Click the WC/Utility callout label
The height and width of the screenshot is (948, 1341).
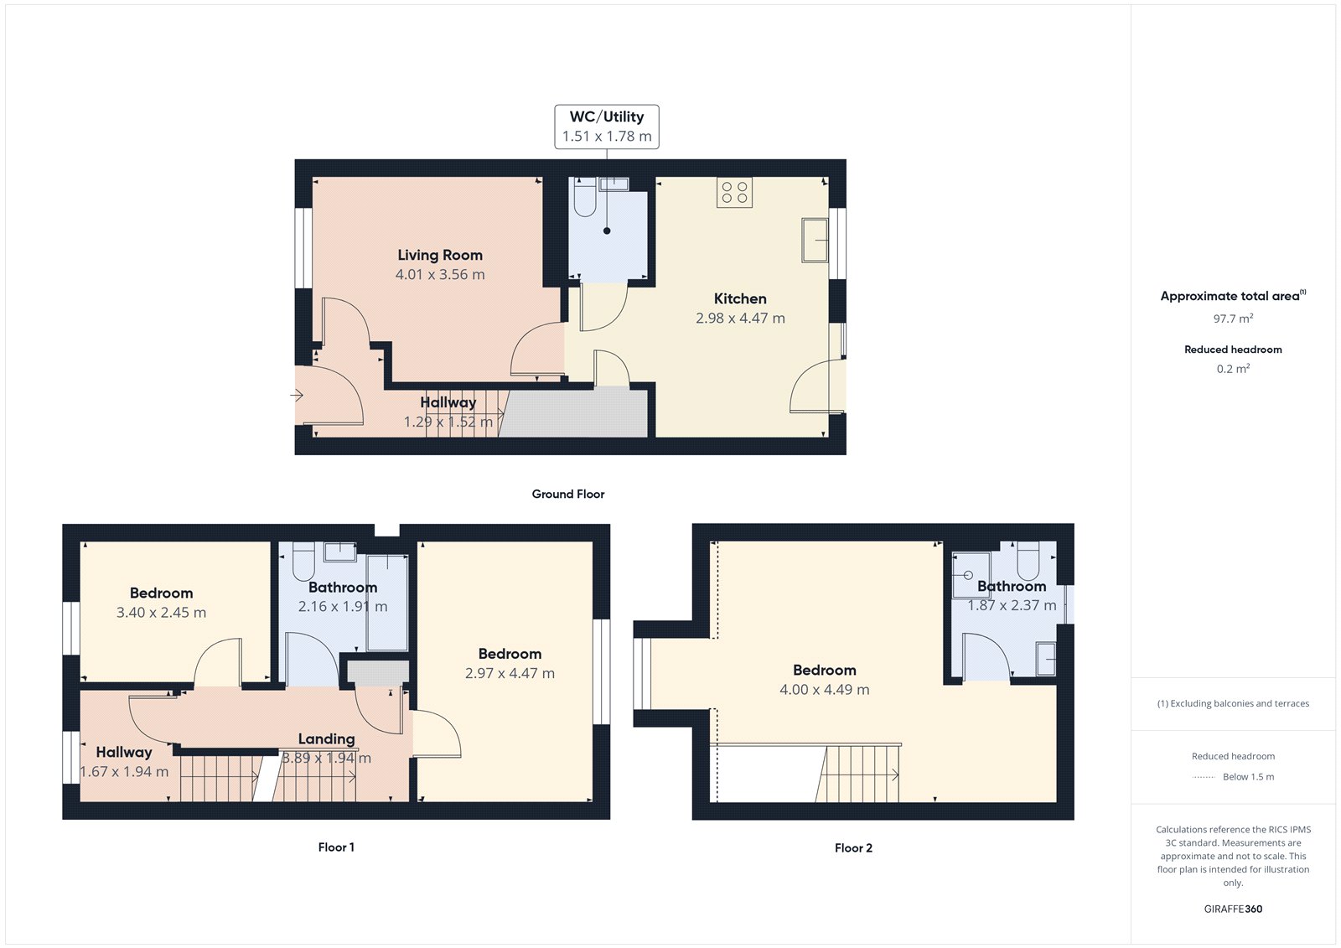tap(607, 127)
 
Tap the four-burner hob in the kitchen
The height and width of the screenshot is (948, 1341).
tap(734, 192)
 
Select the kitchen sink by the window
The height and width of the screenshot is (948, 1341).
tap(815, 240)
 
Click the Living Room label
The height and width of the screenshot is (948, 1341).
tap(440, 255)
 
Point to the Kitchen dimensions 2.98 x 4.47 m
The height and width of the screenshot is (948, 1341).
tap(740, 319)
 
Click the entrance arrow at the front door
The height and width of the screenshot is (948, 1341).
tap(297, 395)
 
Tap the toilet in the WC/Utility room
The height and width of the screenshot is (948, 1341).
tap(584, 198)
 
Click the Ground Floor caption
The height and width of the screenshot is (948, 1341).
tap(567, 494)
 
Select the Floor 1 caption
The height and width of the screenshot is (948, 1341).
tap(336, 847)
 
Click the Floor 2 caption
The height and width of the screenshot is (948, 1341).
tap(853, 848)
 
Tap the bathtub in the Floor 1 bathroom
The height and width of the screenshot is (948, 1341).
tap(387, 602)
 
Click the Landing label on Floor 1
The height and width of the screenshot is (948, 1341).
tap(326, 738)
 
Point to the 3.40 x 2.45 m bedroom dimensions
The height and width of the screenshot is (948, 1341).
tap(161, 613)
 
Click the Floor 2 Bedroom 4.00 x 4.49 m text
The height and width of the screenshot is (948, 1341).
tap(825, 690)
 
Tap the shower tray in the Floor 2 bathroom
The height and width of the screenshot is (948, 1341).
tap(971, 575)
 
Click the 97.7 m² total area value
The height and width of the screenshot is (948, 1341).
tap(1233, 319)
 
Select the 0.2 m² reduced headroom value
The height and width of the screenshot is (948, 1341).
tap(1233, 369)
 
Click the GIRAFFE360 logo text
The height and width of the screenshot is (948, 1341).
tap(1233, 909)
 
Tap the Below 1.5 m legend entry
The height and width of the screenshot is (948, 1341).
tap(1247, 777)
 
